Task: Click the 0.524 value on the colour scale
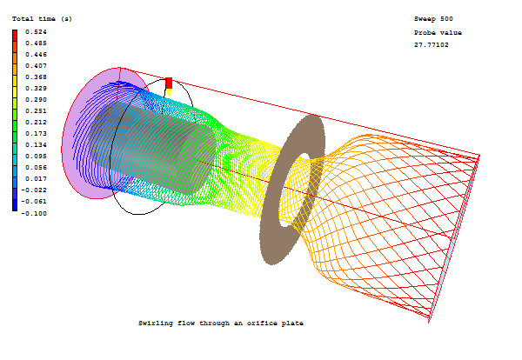pyautogui.click(x=36, y=32)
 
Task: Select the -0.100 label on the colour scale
pyautogui.click(x=34, y=213)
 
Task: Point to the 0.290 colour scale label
pyautogui.click(x=36, y=100)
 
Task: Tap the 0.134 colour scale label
pyautogui.click(x=36, y=145)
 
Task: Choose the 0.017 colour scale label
pyautogui.click(x=36, y=179)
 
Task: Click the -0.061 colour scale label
pyautogui.click(x=34, y=202)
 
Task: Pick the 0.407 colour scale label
pyautogui.click(x=36, y=66)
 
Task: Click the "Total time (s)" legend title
pyautogui.click(x=42, y=19)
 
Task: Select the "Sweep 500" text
pyautogui.click(x=433, y=19)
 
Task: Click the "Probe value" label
pyautogui.click(x=438, y=33)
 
